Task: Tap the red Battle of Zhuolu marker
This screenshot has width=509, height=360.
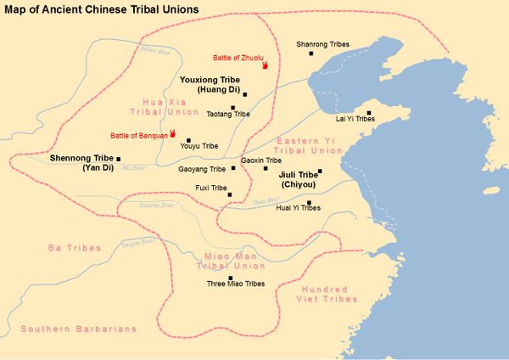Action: [266, 65]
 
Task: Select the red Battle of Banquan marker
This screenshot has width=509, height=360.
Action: [172, 133]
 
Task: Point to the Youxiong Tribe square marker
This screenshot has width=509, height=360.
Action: [244, 94]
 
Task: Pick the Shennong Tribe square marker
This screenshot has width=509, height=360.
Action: [119, 159]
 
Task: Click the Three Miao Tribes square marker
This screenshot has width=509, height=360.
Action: [231, 278]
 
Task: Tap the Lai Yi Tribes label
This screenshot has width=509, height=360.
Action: [355, 119]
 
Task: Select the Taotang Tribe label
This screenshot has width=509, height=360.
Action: [229, 114]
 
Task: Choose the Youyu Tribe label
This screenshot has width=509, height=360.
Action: [199, 146]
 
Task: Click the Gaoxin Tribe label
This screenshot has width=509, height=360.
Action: [261, 160]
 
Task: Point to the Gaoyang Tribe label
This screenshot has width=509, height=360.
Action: [202, 169]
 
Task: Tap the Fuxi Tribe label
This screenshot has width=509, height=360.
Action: [207, 188]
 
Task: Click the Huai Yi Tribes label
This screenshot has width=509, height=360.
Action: [299, 208]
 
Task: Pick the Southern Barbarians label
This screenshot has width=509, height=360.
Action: [67, 329]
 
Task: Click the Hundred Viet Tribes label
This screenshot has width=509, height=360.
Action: [329, 294]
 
